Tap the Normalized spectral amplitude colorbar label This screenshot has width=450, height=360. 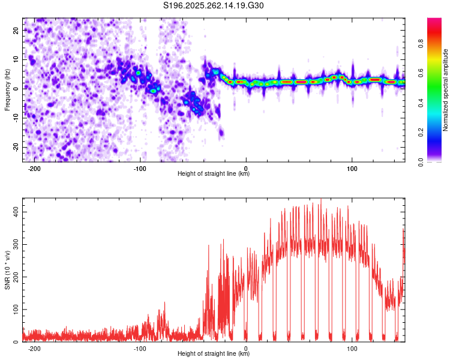tap(446, 89)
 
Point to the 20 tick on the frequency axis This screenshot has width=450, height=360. tap(16, 29)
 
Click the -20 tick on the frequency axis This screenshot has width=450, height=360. tap(15, 147)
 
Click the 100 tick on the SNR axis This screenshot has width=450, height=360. tap(14, 309)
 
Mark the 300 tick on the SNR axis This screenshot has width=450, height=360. tap(14, 244)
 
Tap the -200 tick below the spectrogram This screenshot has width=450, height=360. tap(34, 168)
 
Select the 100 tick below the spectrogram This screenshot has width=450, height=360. tap(352, 168)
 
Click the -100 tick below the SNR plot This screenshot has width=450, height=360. tap(140, 348)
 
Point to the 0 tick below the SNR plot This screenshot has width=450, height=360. tap(247, 348)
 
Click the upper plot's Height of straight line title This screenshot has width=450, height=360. tap(214, 174)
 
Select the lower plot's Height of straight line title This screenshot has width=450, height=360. tap(214, 354)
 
